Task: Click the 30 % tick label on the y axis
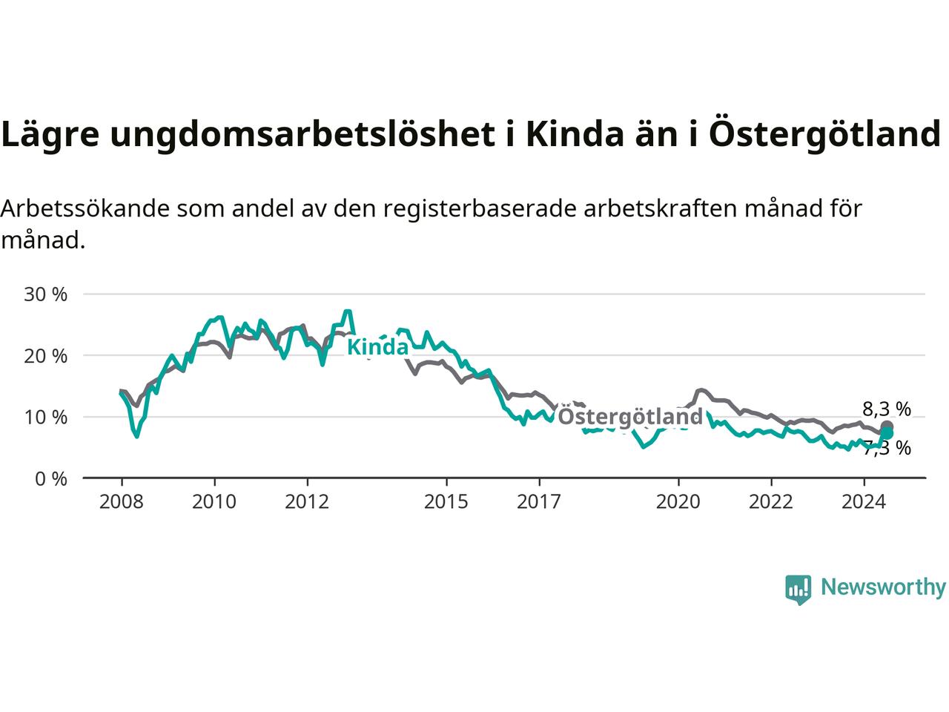pos(45,294)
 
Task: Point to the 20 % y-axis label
pos(45,356)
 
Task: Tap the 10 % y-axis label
pos(45,418)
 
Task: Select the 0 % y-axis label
pos(51,479)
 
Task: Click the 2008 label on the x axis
pos(122,502)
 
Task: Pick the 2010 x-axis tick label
pos(214,502)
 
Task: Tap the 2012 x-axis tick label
pos(307,502)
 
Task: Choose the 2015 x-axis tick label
pos(446,502)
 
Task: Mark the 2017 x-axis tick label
pos(539,502)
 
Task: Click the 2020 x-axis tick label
pos(678,502)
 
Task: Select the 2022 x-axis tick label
pos(771,502)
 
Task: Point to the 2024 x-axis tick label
pos(864,502)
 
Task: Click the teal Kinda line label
pos(377,347)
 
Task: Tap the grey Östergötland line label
pos(630,417)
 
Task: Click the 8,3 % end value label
pos(887,409)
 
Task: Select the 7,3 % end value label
pos(887,448)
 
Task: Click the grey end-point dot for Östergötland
pos(887,426)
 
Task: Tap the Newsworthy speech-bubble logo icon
pos(798,590)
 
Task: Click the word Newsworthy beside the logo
pos(883,587)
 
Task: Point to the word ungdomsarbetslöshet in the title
pos(302,135)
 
